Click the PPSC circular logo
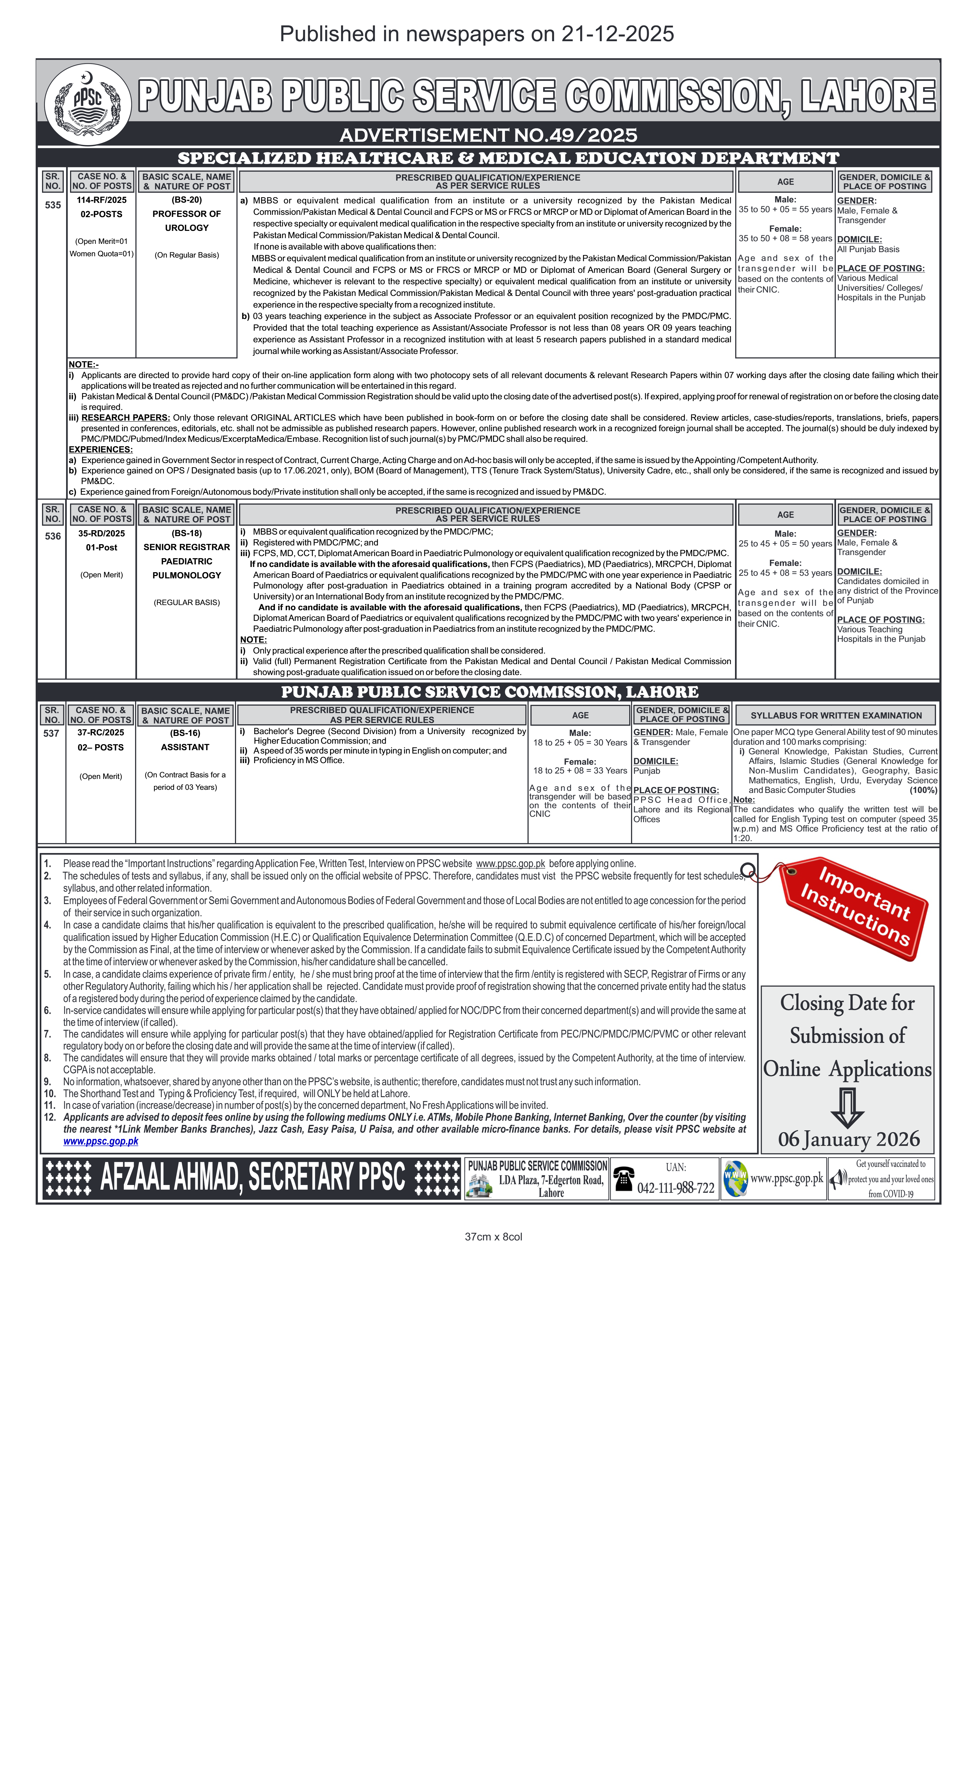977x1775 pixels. point(88,104)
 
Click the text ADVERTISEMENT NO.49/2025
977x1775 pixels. point(488,135)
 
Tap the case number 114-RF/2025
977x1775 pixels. point(101,200)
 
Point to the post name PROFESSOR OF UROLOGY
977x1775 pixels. point(186,221)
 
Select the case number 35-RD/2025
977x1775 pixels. point(101,533)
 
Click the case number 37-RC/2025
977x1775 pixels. point(101,733)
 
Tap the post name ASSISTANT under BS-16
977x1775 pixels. point(185,747)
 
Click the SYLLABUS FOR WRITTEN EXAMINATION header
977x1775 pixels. point(836,715)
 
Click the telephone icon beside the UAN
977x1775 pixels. point(623,1178)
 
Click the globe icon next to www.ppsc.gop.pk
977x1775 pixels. point(735,1178)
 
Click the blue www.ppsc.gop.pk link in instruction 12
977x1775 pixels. point(101,1141)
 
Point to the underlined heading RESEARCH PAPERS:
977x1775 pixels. point(126,417)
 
